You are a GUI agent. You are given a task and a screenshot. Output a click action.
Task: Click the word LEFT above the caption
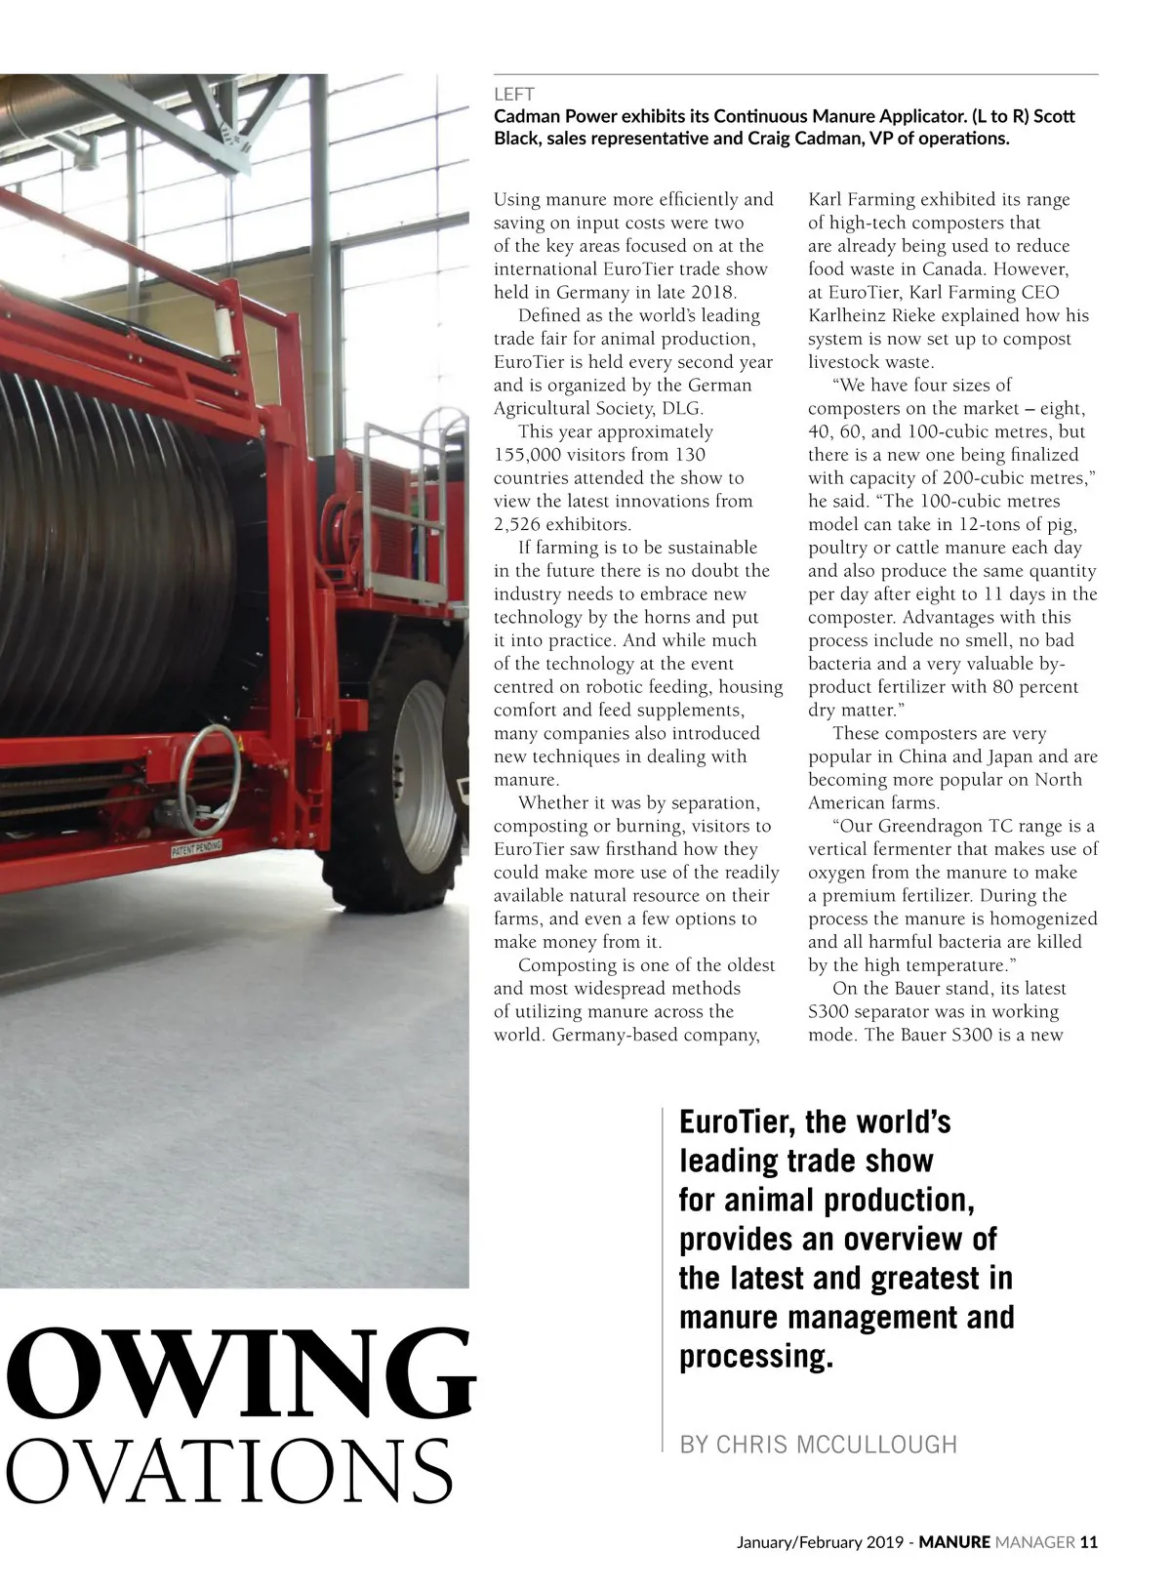(x=513, y=95)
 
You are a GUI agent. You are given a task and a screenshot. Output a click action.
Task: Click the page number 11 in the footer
(x=1089, y=1542)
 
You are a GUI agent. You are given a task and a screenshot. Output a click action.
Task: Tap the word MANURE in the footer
(x=954, y=1542)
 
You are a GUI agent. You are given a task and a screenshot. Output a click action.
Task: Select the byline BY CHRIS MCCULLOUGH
(x=818, y=1444)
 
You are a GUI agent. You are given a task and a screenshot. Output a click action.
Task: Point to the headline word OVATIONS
(x=230, y=1471)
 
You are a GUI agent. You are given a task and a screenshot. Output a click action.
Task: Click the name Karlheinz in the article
(x=847, y=315)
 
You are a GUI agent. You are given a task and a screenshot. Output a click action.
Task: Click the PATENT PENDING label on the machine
(x=196, y=847)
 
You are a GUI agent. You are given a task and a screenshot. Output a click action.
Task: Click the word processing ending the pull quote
(x=756, y=1356)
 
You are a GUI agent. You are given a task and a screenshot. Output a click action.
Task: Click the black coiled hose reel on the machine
(x=107, y=547)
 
